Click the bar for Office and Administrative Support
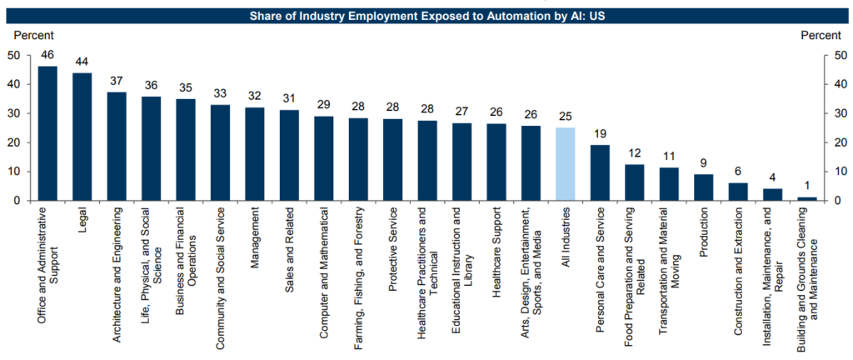click(47, 133)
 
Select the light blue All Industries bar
click(565, 164)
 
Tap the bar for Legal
click(82, 137)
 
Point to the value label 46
click(47, 55)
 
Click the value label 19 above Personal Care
click(600, 133)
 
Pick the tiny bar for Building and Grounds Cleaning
click(806, 198)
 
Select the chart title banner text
click(426, 15)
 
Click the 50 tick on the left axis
click(14, 55)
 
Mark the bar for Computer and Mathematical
click(324, 158)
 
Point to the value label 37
click(117, 81)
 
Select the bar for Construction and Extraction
click(738, 192)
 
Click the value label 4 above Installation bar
click(772, 177)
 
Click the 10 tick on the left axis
click(14, 172)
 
